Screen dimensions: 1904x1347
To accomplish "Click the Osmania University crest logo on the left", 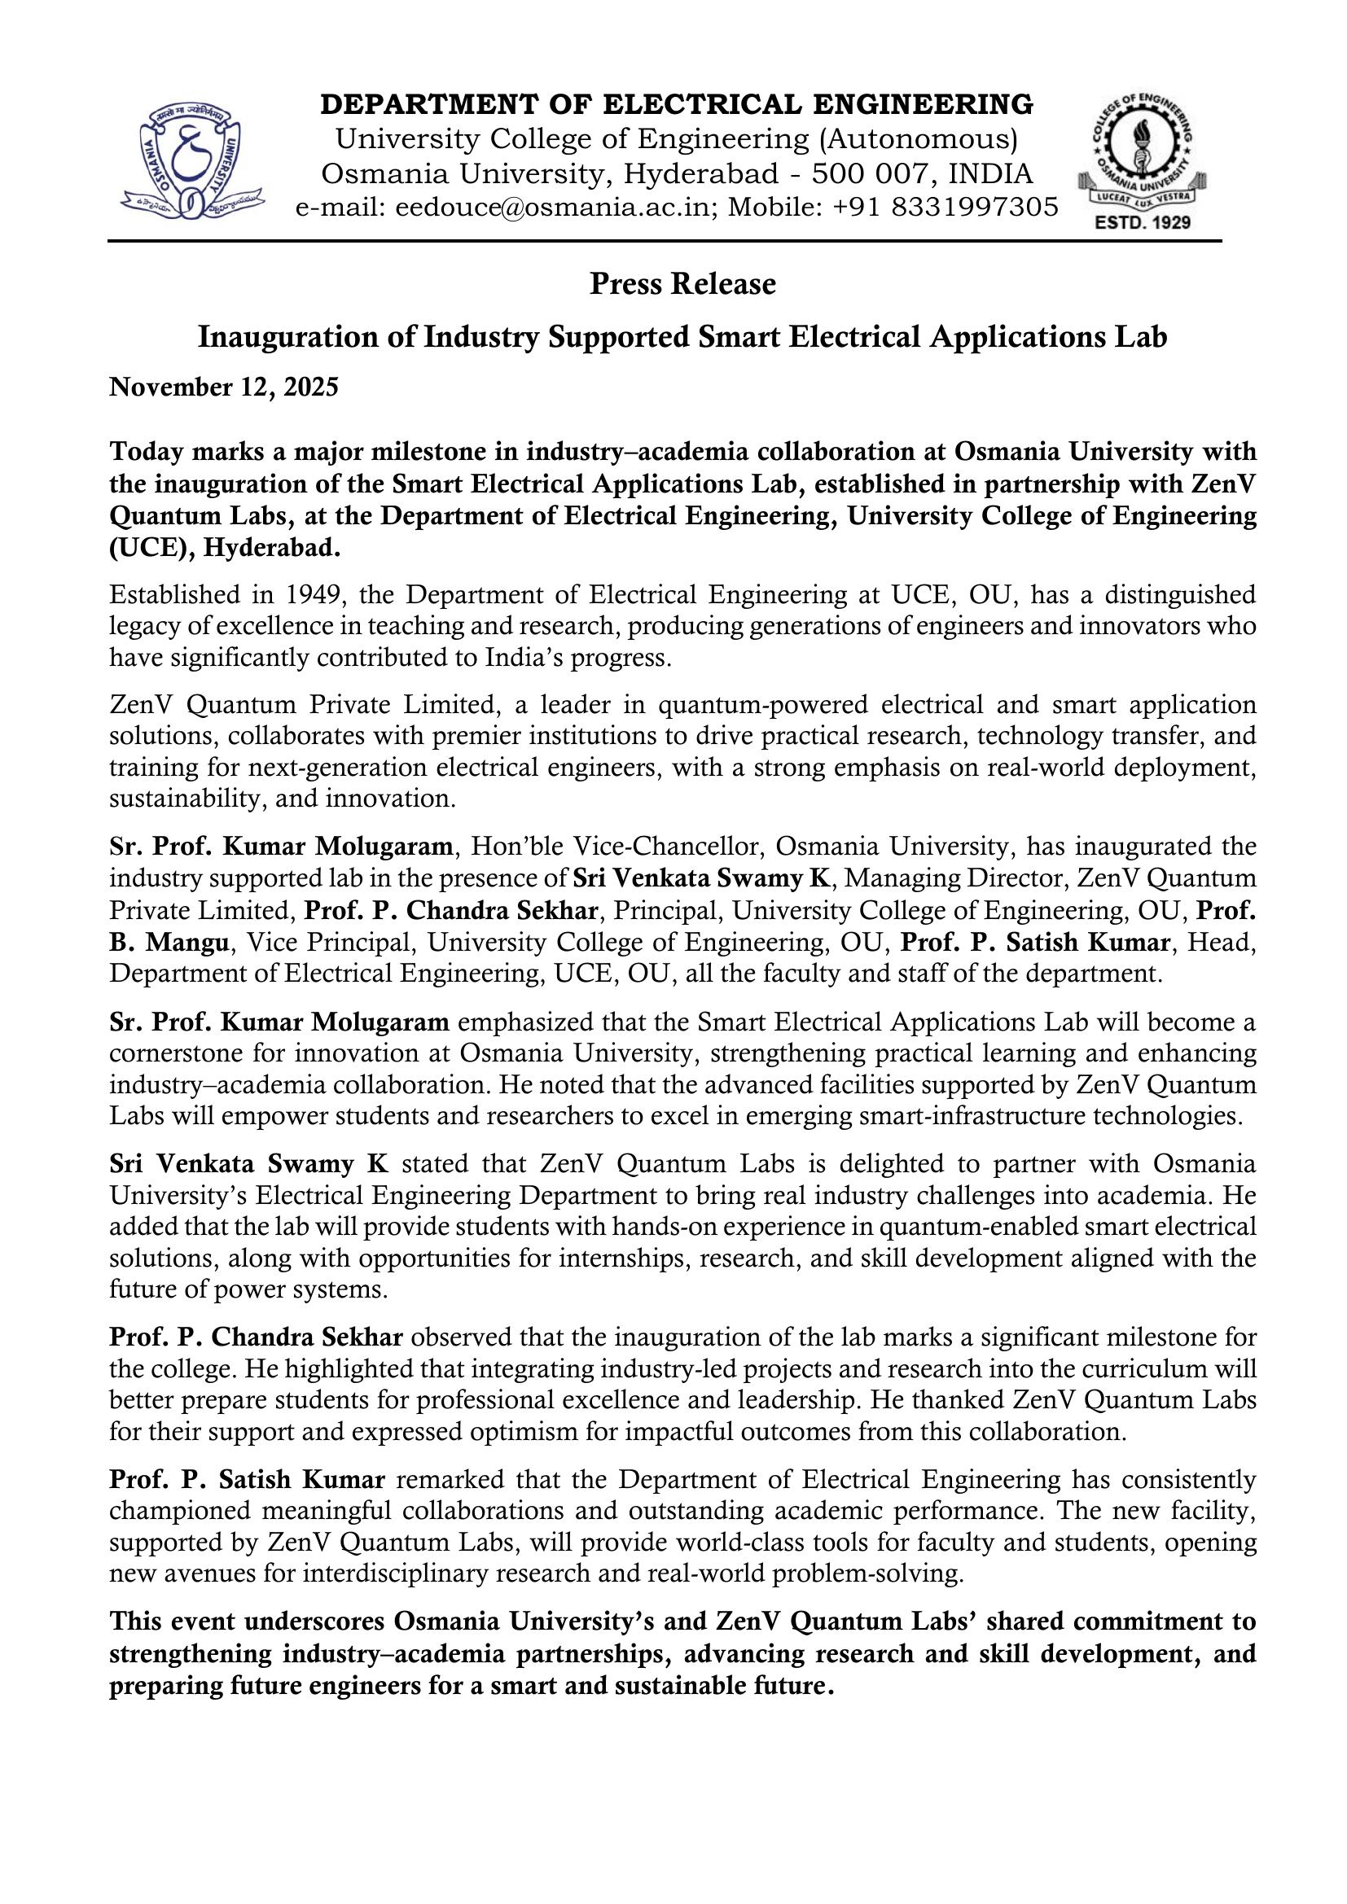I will pyautogui.click(x=192, y=158).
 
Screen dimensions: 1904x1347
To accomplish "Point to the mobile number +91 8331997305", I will pyautogui.click(x=936, y=208).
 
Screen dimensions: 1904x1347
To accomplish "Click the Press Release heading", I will pyautogui.click(x=682, y=284).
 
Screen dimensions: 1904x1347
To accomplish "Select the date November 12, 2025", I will pyautogui.click(x=224, y=387).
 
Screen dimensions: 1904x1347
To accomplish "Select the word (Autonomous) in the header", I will pyautogui.click(x=918, y=139).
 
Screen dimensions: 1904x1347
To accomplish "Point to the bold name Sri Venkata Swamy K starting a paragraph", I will pyautogui.click(x=248, y=1164).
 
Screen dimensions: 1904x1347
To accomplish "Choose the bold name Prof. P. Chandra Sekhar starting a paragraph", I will pyautogui.click(x=257, y=1337).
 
